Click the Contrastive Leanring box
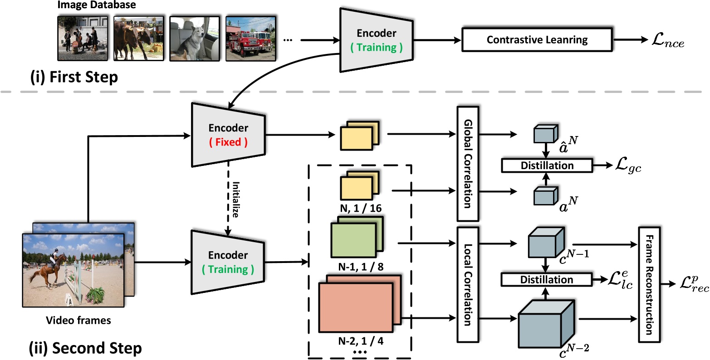coord(537,40)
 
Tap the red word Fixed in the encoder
coord(228,142)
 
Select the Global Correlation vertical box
coord(468,164)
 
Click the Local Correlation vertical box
coord(468,283)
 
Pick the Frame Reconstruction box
coord(649,284)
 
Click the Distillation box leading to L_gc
coord(547,165)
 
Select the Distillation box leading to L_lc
coord(546,280)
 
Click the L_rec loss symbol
coord(692,285)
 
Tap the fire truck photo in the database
coord(251,39)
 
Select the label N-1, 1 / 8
coord(360,267)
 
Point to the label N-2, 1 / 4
coord(360,341)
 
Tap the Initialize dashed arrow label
coord(235,200)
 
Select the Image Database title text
coord(96,5)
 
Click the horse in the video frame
coord(53,270)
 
